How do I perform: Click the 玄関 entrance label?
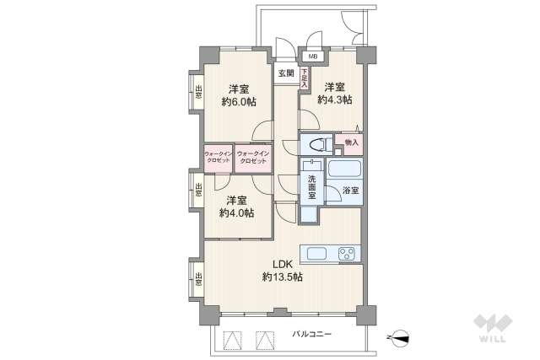pyautogui.click(x=286, y=73)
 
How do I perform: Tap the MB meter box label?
pyautogui.click(x=312, y=56)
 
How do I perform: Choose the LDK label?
pyautogui.click(x=281, y=263)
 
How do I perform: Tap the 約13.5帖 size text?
pyautogui.click(x=282, y=277)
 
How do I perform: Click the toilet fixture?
pyautogui.click(x=315, y=143)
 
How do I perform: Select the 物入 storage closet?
pyautogui.click(x=351, y=143)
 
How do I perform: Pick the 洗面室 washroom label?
pyautogui.click(x=310, y=187)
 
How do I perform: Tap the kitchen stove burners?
pyautogui.click(x=347, y=253)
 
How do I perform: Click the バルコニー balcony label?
pyautogui.click(x=312, y=335)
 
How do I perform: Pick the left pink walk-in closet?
pyautogui.click(x=217, y=157)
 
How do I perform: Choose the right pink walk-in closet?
pyautogui.click(x=252, y=157)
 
